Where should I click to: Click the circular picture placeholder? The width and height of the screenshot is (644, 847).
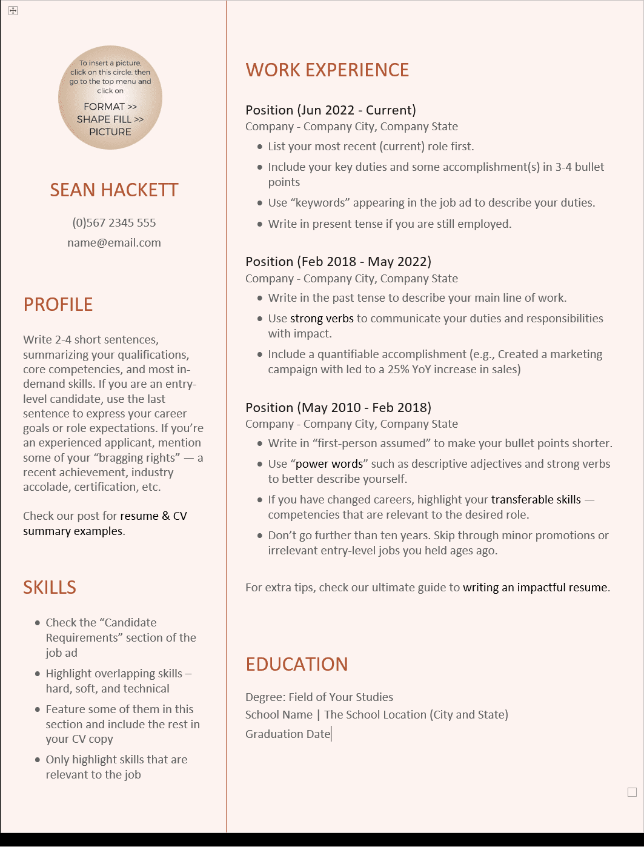tap(110, 98)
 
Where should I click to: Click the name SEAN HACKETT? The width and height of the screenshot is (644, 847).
tap(114, 190)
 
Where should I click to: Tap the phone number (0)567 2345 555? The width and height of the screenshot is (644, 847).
tap(114, 223)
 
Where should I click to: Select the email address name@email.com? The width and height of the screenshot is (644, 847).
tap(114, 243)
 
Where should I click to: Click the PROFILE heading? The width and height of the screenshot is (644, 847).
tap(58, 305)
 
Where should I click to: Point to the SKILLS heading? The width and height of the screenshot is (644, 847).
tap(50, 588)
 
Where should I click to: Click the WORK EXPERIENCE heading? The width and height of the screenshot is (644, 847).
tap(327, 70)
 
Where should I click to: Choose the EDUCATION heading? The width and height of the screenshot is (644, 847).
tap(296, 665)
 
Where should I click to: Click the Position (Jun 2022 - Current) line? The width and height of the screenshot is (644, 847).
tap(330, 110)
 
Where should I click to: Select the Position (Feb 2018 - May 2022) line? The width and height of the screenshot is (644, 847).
tap(338, 262)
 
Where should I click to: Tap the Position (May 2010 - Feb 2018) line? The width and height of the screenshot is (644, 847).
tap(338, 408)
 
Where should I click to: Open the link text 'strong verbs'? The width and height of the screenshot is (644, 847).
tap(322, 319)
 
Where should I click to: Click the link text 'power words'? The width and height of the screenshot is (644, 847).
tap(329, 464)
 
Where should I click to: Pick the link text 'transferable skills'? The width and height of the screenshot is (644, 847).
tap(536, 500)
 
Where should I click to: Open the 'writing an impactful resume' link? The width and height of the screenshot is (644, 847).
tap(535, 588)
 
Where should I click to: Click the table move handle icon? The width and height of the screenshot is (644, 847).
tap(13, 11)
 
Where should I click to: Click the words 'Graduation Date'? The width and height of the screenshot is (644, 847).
tap(288, 734)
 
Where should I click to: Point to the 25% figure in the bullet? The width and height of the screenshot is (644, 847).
tap(398, 370)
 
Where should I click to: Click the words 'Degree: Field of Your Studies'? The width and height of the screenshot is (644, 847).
tap(319, 697)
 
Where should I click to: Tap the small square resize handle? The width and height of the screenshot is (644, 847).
tap(632, 792)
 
